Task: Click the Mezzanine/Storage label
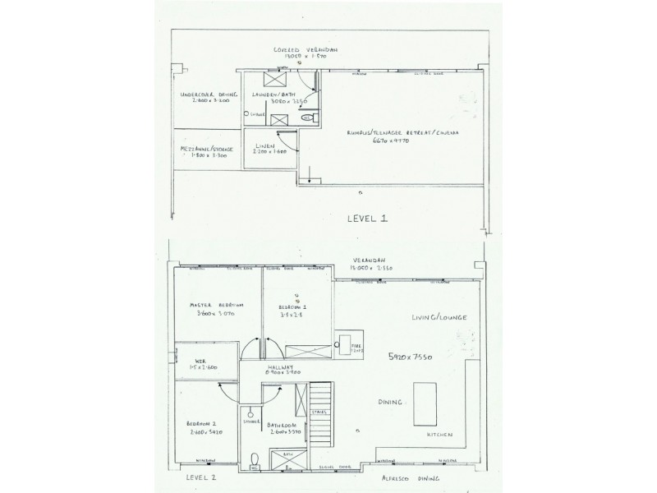[x=205, y=152]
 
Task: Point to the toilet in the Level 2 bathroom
[x=255, y=458]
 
